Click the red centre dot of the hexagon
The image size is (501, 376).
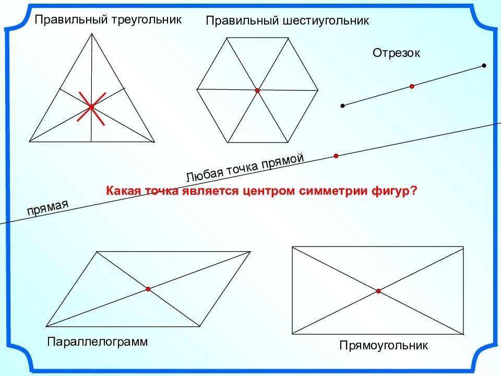pos(257,90)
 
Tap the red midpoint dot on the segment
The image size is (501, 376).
pos(412,86)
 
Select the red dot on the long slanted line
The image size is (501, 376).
pos(336,156)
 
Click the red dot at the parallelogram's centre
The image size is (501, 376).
pos(148,289)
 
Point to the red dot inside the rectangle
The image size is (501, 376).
pos(378,291)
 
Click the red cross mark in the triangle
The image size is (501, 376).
pos(91,107)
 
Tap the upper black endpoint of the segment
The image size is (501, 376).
pos(484,66)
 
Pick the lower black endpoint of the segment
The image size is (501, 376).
pos(342,106)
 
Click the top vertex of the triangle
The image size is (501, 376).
pos(92,33)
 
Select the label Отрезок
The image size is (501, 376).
pos(396,53)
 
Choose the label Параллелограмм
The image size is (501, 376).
pos(98,342)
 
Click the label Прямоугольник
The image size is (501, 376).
pos(384,346)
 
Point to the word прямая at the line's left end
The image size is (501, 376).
pos(47,209)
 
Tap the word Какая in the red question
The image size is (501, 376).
pos(122,191)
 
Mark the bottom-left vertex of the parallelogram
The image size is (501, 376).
pos(46,326)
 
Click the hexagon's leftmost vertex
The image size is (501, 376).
pos(197,89)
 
